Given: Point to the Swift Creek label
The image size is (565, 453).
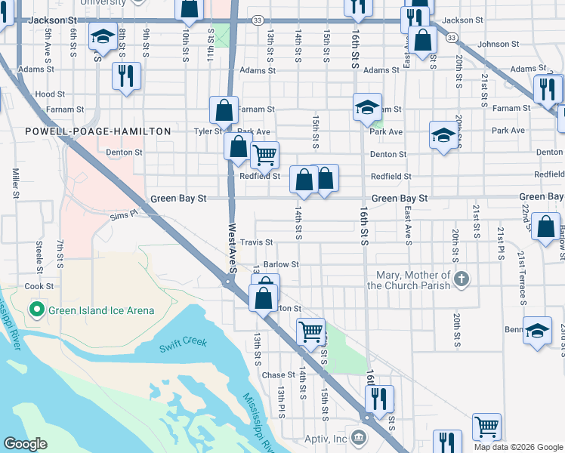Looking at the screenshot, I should (183, 342).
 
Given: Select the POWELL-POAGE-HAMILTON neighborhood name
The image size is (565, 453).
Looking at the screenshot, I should (98, 131).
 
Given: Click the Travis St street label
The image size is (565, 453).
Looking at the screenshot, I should (256, 242).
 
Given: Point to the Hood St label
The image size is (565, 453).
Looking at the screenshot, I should (50, 94).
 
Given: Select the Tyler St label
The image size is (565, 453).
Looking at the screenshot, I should (207, 131).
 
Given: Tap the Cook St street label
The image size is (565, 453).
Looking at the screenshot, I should (39, 286).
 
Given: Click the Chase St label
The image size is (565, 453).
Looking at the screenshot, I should (278, 375).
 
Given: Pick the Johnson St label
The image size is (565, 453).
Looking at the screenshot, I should (493, 45).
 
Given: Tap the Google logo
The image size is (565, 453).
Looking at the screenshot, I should (25, 444).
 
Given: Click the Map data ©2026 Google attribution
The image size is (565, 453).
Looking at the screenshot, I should (518, 447).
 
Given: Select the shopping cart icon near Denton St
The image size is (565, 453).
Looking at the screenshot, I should (264, 155).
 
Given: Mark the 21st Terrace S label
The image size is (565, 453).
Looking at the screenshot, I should (522, 279).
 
